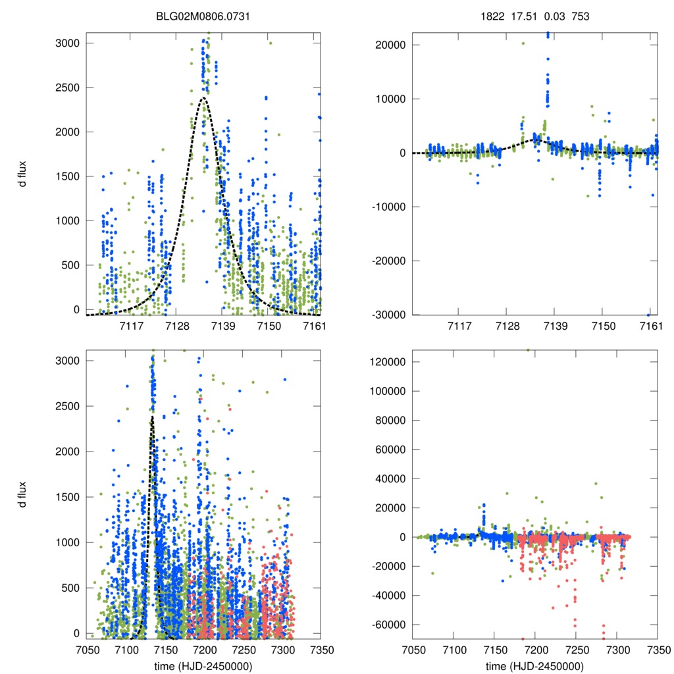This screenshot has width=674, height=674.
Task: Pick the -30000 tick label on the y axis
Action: (388, 315)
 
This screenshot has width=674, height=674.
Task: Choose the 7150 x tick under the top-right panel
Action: (603, 326)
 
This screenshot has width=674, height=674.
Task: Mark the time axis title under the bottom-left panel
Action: (203, 665)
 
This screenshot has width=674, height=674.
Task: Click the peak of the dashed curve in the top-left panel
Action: (203, 98)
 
